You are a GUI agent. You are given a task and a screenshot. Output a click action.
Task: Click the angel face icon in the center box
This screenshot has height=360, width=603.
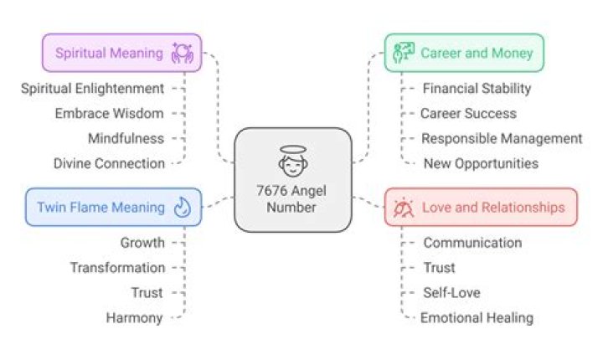pyautogui.click(x=293, y=161)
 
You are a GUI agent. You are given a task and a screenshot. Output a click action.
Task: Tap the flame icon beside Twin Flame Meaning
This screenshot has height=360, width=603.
pyautogui.click(x=183, y=208)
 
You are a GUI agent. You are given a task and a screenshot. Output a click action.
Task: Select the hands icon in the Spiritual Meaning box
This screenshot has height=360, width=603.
pyautogui.click(x=182, y=53)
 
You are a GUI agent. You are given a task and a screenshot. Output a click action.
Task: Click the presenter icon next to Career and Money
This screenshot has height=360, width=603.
pyautogui.click(x=404, y=53)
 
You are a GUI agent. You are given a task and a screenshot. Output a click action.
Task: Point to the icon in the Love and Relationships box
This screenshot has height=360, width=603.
pyautogui.click(x=404, y=208)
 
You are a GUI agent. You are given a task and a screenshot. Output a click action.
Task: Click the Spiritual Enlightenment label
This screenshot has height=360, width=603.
pyautogui.click(x=93, y=89)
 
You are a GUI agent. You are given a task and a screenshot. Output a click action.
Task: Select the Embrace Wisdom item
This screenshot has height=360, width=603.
pyautogui.click(x=109, y=114)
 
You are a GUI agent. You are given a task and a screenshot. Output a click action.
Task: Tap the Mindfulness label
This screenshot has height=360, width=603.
pyautogui.click(x=126, y=138)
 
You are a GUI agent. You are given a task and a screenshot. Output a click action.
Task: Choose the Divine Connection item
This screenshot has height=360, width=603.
pyautogui.click(x=109, y=163)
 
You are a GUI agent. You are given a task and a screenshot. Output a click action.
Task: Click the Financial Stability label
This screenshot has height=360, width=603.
pyautogui.click(x=477, y=89)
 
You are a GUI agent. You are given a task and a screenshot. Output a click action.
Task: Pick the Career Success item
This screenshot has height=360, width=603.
pyautogui.click(x=468, y=114)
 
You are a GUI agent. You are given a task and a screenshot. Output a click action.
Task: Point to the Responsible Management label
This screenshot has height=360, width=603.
pyautogui.click(x=502, y=138)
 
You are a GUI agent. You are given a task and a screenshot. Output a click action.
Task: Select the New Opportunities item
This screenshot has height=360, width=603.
pyautogui.click(x=481, y=163)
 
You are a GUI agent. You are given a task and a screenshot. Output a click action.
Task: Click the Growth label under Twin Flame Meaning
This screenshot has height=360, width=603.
pyautogui.click(x=142, y=243)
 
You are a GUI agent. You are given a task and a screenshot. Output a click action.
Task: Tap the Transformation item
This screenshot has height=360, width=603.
pyautogui.click(x=118, y=268)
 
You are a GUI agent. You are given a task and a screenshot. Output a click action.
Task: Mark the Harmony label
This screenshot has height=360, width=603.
pyautogui.click(x=135, y=318)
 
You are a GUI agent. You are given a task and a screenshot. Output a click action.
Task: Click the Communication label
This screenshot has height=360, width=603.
pyautogui.click(x=472, y=243)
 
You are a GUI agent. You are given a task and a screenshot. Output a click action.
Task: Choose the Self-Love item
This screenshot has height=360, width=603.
pyautogui.click(x=452, y=293)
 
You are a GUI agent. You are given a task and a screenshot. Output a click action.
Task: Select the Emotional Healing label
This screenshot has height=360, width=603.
pyautogui.click(x=477, y=318)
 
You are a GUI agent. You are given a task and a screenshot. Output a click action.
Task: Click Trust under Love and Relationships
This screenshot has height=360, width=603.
pyautogui.click(x=439, y=268)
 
